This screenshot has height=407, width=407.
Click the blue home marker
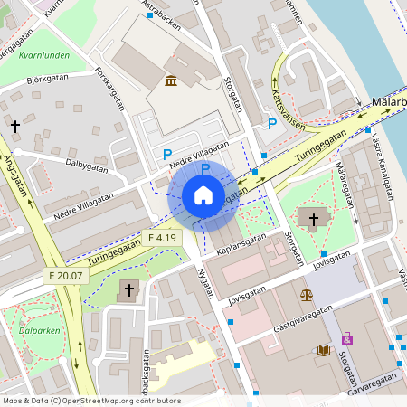(203, 195)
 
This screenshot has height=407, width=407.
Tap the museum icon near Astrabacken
(171, 82)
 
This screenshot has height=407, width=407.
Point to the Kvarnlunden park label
(43, 55)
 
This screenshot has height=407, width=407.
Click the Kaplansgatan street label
(242, 238)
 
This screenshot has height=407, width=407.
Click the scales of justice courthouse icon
(307, 294)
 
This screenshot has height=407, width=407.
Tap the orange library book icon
(324, 350)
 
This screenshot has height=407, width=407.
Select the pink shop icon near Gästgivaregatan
(346, 338)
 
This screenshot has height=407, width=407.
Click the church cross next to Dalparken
(128, 290)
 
